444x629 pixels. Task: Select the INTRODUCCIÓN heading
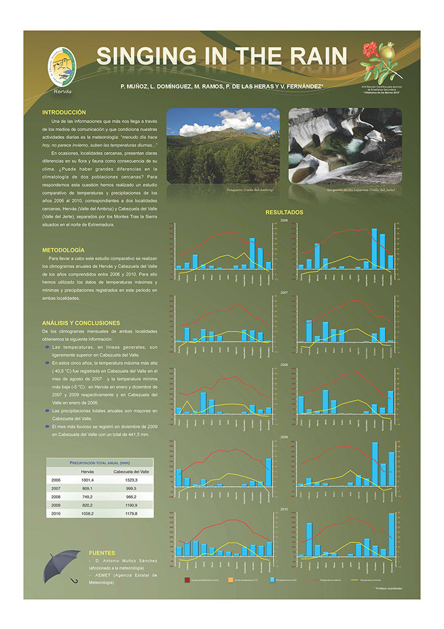(64, 112)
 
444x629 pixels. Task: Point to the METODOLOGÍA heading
(63, 250)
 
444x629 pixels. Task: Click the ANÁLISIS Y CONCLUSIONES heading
(81, 323)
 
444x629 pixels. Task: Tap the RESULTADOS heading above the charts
(284, 212)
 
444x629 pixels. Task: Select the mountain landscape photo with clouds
(223, 145)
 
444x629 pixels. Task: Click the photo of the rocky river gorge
(344, 145)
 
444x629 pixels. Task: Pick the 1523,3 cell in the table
(132, 480)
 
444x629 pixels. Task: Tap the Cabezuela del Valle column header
(132, 472)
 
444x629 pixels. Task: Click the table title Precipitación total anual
(100, 463)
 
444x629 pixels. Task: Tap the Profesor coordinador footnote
(388, 588)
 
